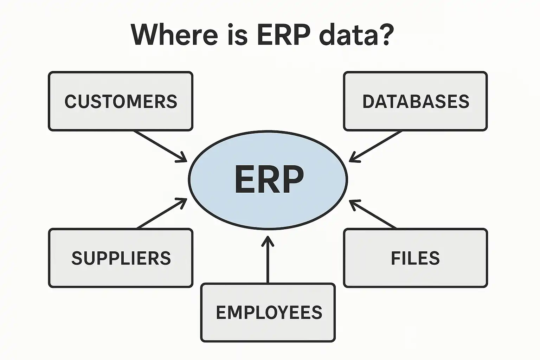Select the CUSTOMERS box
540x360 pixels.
[x=121, y=101]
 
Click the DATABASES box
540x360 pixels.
[x=415, y=101]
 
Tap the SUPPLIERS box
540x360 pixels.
[x=121, y=258]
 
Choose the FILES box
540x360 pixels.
[x=415, y=258]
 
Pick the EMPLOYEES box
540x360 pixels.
[x=268, y=312]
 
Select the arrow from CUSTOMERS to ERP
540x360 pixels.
[x=160, y=146]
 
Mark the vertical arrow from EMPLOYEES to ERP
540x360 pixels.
[x=268, y=260]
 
